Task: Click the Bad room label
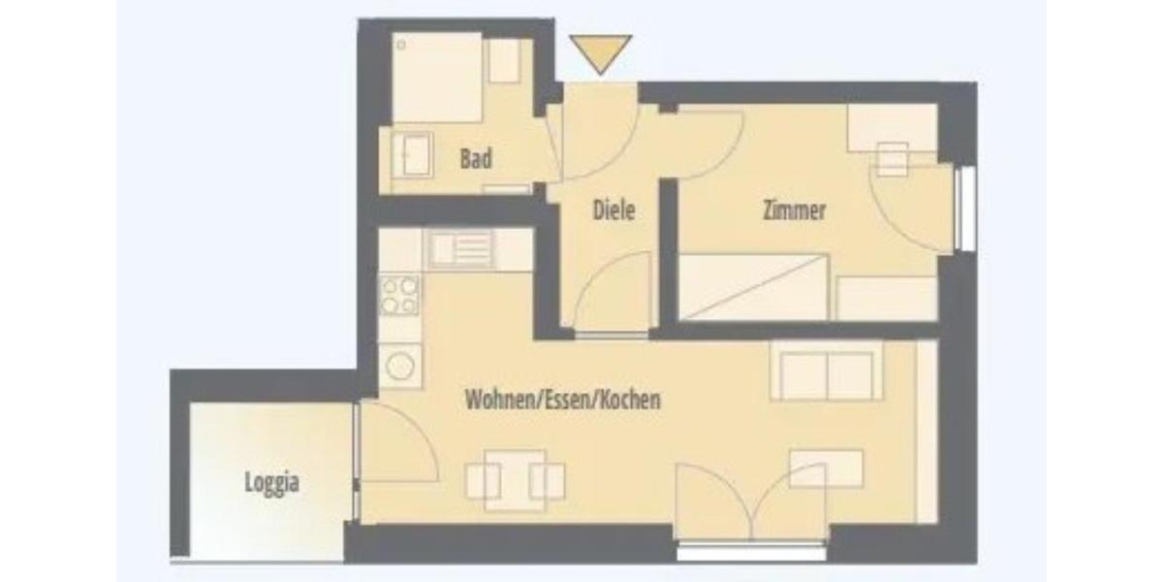(x=476, y=158)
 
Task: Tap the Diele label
(x=613, y=209)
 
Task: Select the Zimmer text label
(x=795, y=210)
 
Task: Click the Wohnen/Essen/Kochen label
(x=563, y=399)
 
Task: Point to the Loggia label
(x=271, y=482)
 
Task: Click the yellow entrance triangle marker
(x=601, y=50)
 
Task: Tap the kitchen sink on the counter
(x=461, y=248)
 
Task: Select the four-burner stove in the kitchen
(x=400, y=295)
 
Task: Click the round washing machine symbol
(x=400, y=366)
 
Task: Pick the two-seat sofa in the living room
(x=827, y=372)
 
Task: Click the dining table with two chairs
(x=515, y=479)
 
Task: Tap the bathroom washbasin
(x=412, y=155)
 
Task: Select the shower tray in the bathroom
(x=436, y=78)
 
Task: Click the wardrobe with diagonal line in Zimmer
(x=753, y=286)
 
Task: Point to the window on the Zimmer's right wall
(x=964, y=209)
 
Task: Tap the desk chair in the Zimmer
(x=893, y=160)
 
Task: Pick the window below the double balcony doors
(x=751, y=551)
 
